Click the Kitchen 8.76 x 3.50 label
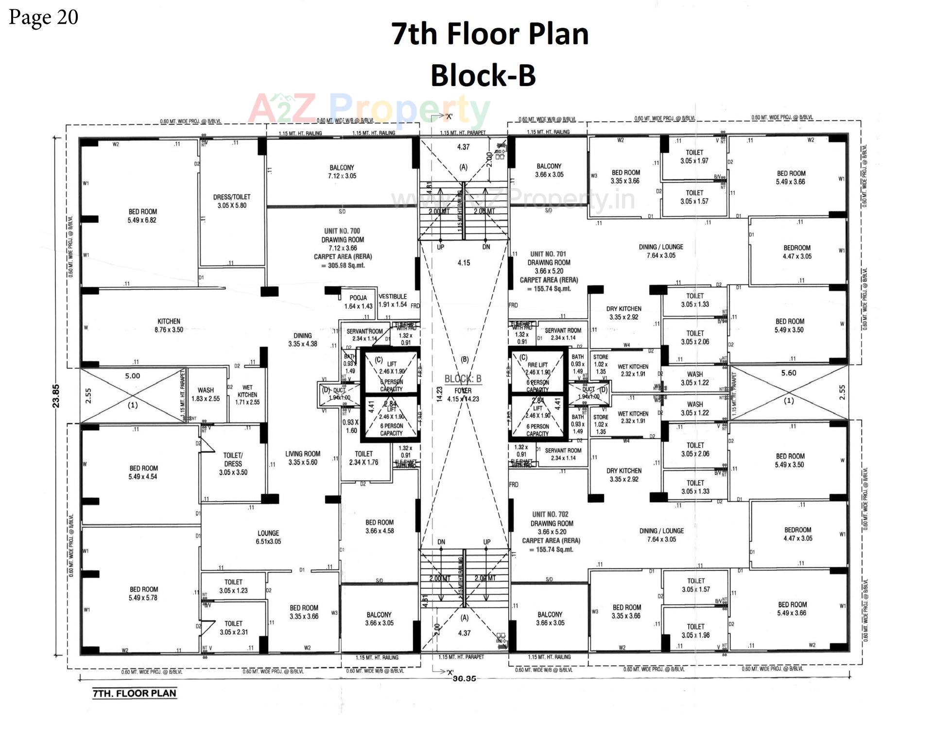click(169, 325)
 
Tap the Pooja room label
click(358, 302)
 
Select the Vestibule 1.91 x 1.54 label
click(393, 300)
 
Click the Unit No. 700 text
click(342, 231)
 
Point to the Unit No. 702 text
click(550, 514)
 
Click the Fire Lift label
click(537, 365)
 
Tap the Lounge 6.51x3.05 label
click(268, 537)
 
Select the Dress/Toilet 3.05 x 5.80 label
click(232, 201)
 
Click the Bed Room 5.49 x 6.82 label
click(142, 216)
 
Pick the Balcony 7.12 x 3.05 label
click(342, 171)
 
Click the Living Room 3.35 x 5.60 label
click(303, 458)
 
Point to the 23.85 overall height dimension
click(56, 396)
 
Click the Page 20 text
click(44, 17)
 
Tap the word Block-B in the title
click(483, 75)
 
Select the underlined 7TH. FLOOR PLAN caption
click(134, 693)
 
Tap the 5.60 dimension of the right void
click(789, 373)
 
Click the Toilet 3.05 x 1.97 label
click(694, 156)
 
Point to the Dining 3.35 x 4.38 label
click(302, 340)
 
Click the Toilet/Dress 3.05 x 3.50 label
click(233, 463)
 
